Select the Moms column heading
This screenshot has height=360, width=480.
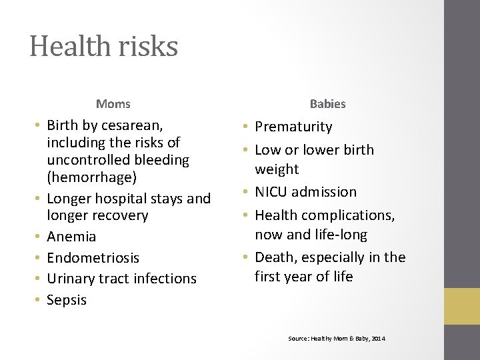click(x=113, y=104)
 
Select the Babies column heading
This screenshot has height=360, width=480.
click(x=327, y=104)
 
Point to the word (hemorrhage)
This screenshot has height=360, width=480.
click(x=90, y=177)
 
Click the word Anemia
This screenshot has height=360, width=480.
click(x=71, y=237)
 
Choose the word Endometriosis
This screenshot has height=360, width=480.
click(x=93, y=257)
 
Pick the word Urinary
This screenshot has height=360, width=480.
click(x=74, y=279)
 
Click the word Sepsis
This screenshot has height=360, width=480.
click(x=67, y=300)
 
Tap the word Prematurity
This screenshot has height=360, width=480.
click(x=293, y=127)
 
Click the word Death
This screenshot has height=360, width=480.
click(x=274, y=257)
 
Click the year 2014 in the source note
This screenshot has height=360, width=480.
click(x=378, y=339)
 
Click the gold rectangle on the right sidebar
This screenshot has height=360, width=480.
click(x=462, y=306)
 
